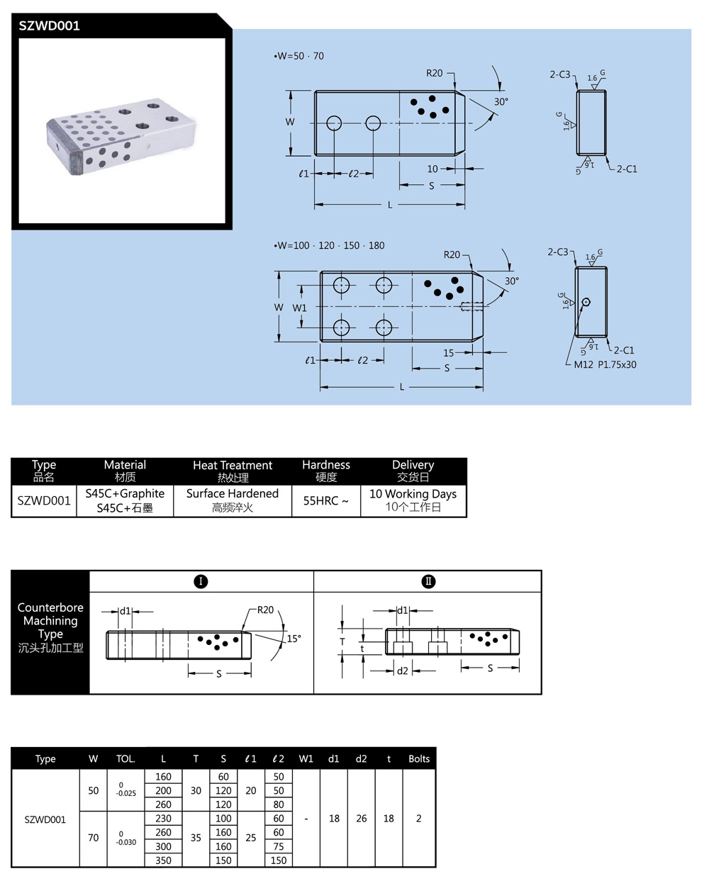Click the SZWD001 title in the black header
coord(50,26)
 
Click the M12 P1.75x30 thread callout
coord(605,364)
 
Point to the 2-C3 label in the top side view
coord(559,74)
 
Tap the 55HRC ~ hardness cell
coord(326,500)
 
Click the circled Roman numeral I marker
coord(201,581)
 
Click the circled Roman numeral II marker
coord(428,581)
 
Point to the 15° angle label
coord(294,639)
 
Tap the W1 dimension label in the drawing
coord(300,308)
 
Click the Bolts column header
coord(419,758)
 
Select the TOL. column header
coord(125,758)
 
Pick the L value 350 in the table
coord(163,860)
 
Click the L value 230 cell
coord(163,819)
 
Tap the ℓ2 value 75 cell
coord(279,846)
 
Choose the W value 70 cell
coord(94,838)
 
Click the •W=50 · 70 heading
coord(298,56)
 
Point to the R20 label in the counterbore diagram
coord(265,610)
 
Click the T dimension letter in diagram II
coord(342,641)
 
